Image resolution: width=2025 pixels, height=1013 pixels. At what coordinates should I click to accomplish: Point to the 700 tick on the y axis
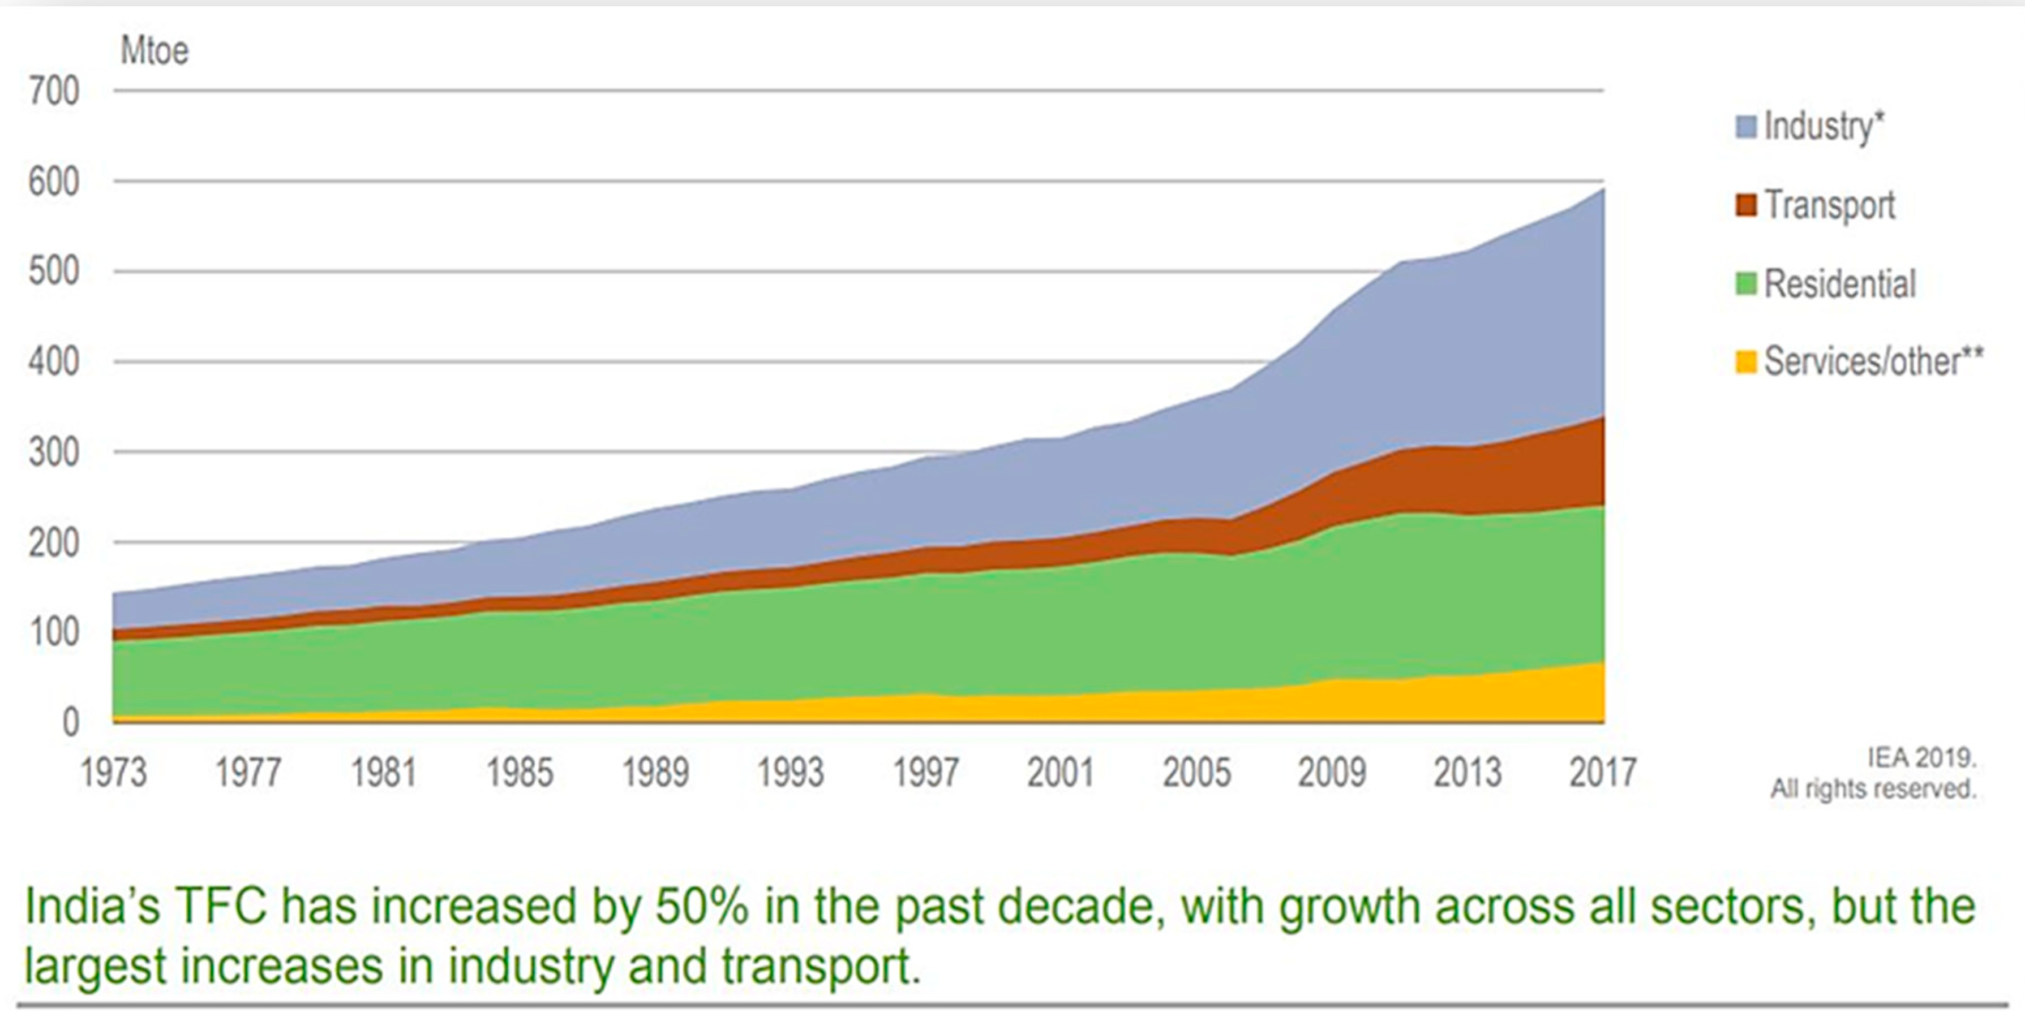pyautogui.click(x=53, y=91)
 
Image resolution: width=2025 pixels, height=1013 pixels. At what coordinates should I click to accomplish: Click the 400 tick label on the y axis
pyautogui.click(x=53, y=363)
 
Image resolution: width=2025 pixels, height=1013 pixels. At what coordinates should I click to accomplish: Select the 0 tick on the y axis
pyautogui.click(x=71, y=722)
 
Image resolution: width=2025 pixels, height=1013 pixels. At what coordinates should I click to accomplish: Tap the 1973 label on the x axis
pyautogui.click(x=114, y=773)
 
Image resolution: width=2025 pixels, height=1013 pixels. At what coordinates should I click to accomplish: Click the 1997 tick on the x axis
pyautogui.click(x=926, y=773)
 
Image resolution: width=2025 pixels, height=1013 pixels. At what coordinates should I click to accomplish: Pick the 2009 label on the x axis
pyautogui.click(x=1332, y=773)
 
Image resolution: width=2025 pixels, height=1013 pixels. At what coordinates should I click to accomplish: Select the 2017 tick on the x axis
pyautogui.click(x=1603, y=773)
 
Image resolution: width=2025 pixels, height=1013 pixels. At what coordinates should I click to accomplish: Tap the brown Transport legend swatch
pyautogui.click(x=1746, y=205)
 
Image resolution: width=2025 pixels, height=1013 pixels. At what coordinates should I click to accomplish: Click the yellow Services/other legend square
pyautogui.click(x=1746, y=363)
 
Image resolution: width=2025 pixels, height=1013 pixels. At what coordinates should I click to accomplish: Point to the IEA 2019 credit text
pyautogui.click(x=1921, y=757)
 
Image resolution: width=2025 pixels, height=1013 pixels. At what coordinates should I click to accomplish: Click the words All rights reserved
pyautogui.click(x=1873, y=788)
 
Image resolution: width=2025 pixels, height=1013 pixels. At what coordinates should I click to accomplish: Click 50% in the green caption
pyautogui.click(x=702, y=906)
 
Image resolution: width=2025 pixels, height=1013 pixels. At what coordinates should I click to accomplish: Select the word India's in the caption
pyautogui.click(x=93, y=906)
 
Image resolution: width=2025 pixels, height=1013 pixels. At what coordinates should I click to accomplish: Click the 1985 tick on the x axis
pyautogui.click(x=520, y=773)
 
